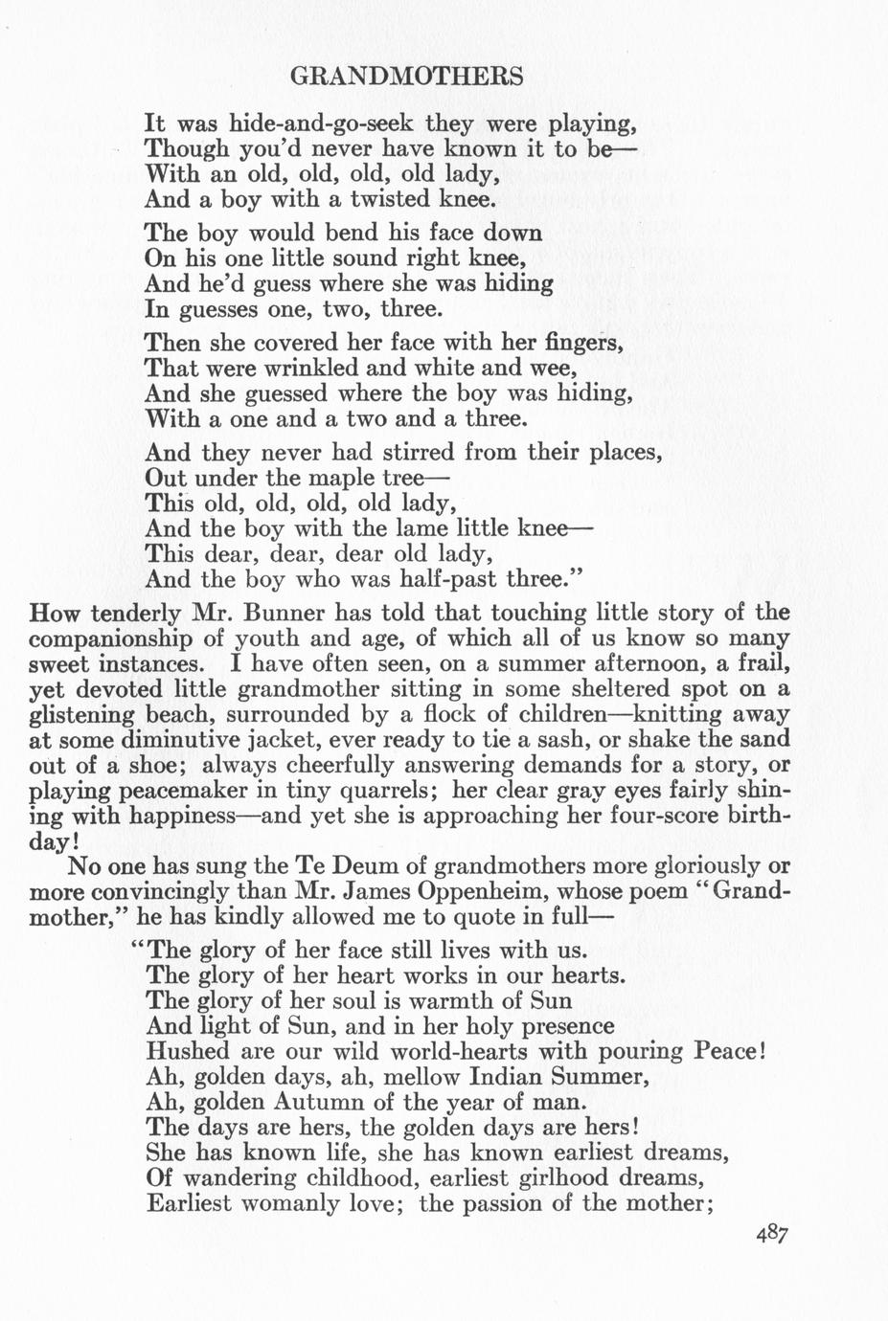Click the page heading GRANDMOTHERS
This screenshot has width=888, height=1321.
406,77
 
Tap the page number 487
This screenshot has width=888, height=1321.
770,1235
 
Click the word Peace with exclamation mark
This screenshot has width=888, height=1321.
727,1051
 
